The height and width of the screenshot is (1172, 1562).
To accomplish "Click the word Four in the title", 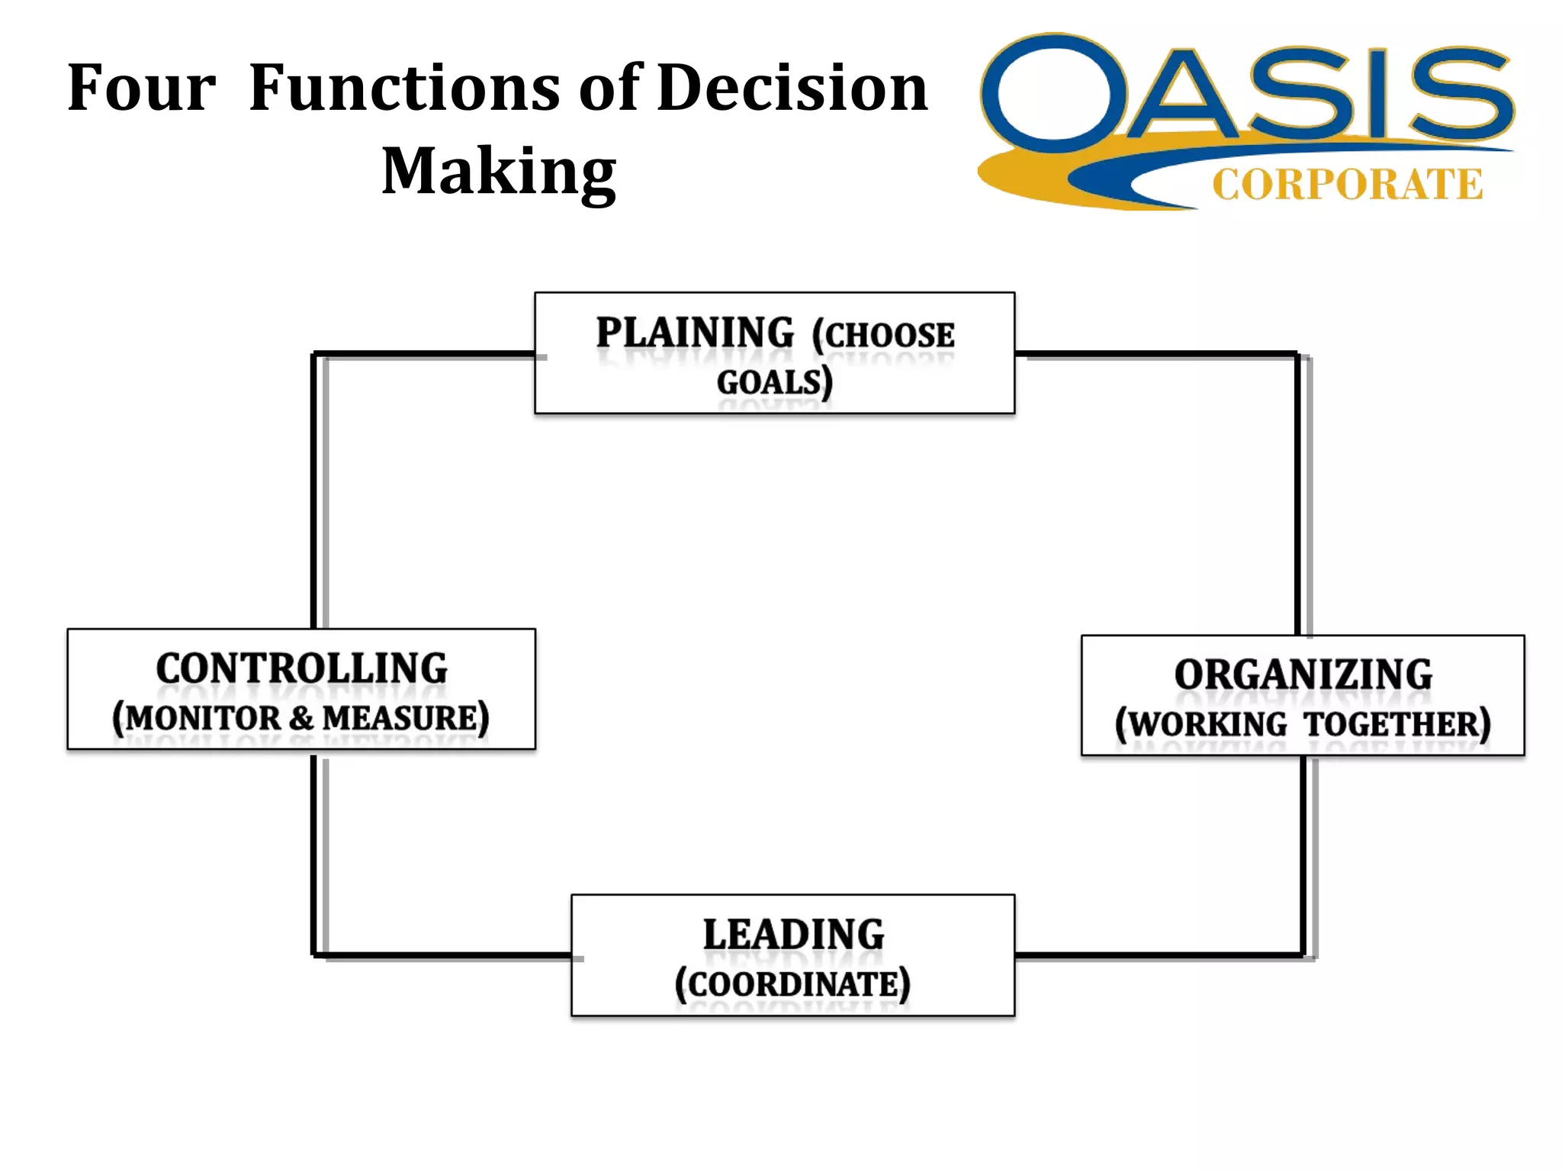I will [142, 89].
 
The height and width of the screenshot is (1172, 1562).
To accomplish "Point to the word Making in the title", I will [499, 172].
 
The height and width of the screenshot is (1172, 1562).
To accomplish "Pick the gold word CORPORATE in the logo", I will [1347, 185].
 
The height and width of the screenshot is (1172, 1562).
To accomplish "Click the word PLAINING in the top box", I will [695, 333].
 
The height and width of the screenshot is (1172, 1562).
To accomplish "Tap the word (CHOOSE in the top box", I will [882, 335].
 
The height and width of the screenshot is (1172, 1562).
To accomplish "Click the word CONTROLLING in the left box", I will [301, 669].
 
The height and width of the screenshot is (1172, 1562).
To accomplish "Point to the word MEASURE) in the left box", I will [406, 718].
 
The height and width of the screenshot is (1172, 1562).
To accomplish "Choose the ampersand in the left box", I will [301, 718].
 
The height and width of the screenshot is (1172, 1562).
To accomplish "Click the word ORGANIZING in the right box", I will [1303, 675].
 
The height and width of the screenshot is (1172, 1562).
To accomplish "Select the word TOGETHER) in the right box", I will [1396, 724].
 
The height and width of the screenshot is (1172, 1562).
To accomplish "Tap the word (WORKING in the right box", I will [1200, 724].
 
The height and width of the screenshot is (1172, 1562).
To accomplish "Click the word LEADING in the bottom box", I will [793, 935].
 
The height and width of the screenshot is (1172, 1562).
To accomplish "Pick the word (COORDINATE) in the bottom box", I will [792, 984].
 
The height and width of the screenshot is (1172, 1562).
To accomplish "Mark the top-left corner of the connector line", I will [314, 355].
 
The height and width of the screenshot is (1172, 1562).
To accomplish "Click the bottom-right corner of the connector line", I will [1303, 955].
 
